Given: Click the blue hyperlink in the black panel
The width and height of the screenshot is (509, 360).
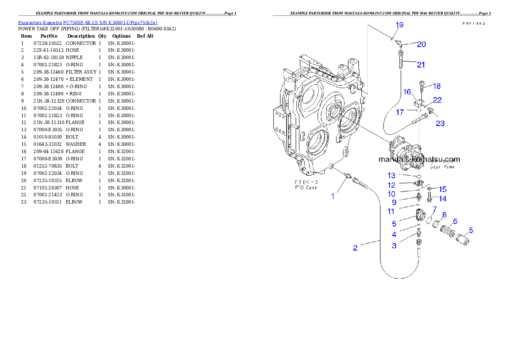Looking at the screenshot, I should click(88, 23).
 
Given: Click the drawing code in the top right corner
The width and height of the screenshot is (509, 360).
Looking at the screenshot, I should click(473, 24).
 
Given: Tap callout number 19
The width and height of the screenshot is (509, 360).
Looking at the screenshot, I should click(399, 25).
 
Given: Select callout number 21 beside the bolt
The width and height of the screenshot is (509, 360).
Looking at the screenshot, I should click(421, 65).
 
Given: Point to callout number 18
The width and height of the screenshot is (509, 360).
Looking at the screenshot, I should click(436, 86).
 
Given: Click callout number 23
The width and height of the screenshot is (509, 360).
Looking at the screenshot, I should click(440, 124).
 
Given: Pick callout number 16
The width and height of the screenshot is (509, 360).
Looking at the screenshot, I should click(407, 92).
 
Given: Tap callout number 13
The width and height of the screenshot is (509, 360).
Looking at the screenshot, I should click(391, 176).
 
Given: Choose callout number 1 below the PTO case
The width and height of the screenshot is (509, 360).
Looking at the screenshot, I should click(333, 196).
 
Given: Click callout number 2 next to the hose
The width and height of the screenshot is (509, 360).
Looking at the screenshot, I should click(355, 248).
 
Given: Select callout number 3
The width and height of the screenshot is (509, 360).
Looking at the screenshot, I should click(394, 245).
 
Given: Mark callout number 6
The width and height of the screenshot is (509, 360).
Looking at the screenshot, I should click(455, 221).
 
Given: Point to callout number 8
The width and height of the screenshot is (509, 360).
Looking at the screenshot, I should click(444, 215).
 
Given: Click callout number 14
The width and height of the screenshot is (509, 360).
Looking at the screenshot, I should click(442, 199).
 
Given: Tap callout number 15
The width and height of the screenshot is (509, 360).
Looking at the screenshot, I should click(443, 189).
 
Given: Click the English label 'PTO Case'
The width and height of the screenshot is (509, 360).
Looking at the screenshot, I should click(305, 188).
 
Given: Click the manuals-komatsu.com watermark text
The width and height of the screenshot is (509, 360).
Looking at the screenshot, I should click(419, 159).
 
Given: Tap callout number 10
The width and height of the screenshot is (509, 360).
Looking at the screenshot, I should click(391, 194).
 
